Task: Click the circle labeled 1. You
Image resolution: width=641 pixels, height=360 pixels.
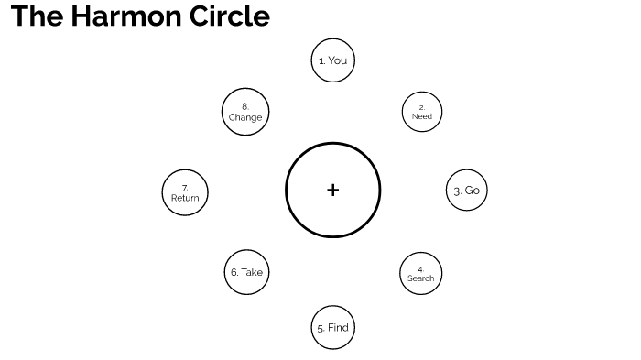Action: tap(332, 60)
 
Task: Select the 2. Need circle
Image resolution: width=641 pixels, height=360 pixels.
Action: tap(422, 112)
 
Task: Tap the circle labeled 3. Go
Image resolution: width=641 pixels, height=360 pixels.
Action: tap(467, 191)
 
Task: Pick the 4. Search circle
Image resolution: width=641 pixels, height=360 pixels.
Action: tap(421, 272)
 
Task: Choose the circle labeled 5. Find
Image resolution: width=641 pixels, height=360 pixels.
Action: tap(332, 327)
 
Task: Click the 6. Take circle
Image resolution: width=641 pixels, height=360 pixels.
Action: tap(246, 272)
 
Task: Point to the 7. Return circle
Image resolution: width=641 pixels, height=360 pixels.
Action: tap(185, 192)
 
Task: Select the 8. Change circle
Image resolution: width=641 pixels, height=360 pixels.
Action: tap(245, 112)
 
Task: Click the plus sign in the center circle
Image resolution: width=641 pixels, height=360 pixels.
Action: tap(332, 191)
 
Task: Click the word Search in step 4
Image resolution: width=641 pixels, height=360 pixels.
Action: tap(421, 278)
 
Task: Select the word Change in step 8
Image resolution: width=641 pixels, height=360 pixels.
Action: tap(245, 117)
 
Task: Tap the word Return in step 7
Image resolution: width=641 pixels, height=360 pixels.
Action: tap(185, 198)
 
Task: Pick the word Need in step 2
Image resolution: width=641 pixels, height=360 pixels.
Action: tap(422, 117)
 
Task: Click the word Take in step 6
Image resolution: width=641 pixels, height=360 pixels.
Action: tap(252, 272)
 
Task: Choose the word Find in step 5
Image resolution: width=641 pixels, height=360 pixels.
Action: tap(338, 327)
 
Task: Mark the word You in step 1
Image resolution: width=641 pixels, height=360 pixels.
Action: tap(337, 60)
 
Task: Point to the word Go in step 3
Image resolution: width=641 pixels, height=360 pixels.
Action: tap(473, 191)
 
